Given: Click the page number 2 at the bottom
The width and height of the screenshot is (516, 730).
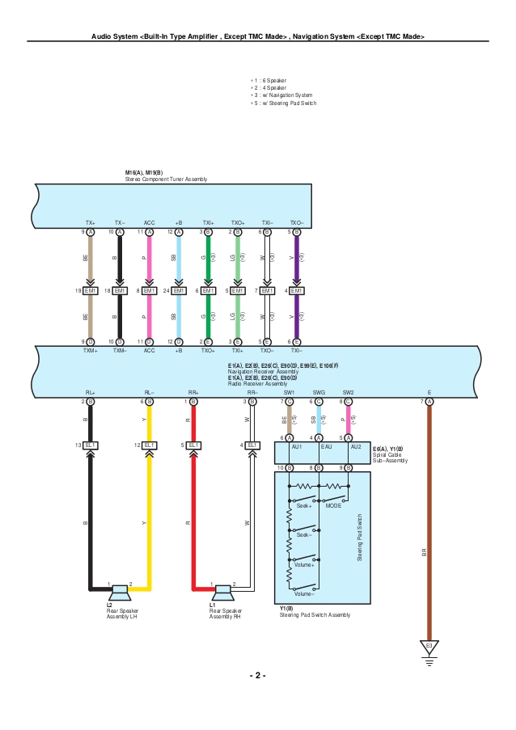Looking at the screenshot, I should pos(257,675).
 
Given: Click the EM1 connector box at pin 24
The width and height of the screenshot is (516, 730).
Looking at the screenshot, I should pos(179,290).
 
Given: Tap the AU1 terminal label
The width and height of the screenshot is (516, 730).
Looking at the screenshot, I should pos(297,447).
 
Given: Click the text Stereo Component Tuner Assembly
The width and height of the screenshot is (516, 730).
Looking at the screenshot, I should pos(166,179).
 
